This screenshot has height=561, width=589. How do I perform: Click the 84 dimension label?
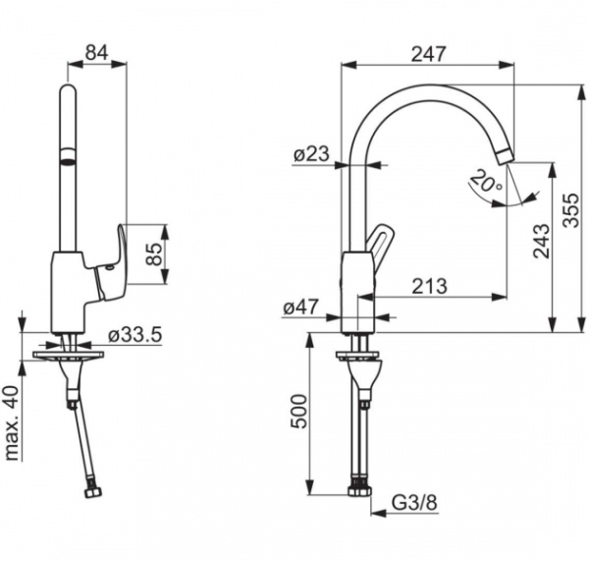[97, 52]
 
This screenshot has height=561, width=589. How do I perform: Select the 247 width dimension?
[428, 54]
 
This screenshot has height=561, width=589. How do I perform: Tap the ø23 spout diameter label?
[311, 154]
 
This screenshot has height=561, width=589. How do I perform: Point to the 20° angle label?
[485, 181]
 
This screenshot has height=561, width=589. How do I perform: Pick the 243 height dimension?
[541, 241]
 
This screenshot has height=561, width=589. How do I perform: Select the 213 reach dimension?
[430, 287]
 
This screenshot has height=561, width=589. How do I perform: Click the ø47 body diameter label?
[301, 308]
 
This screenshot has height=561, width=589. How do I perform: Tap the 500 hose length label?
[299, 411]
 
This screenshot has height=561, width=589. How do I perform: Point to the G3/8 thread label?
[414, 503]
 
